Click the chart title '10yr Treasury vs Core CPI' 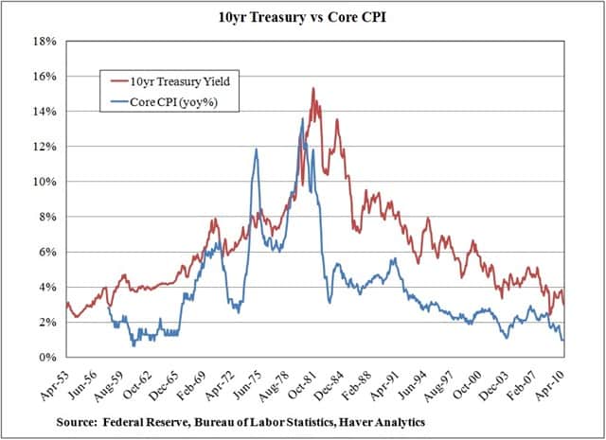coord(303,18)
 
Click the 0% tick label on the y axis coord(47,358)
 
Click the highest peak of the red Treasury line coord(312,89)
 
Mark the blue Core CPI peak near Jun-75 coord(255,150)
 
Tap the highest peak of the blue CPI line coord(302,119)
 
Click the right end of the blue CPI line coord(563,340)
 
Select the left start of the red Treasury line coord(65,303)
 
